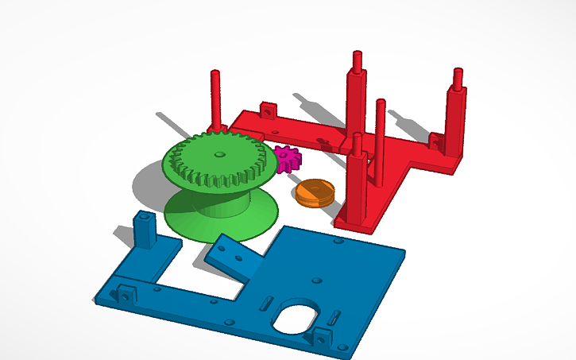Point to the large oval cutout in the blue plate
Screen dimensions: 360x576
tap(295, 317)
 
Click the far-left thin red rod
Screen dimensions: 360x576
tap(215, 99)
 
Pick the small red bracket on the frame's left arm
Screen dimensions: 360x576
tap(269, 109)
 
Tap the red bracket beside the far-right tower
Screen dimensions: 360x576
tap(435, 142)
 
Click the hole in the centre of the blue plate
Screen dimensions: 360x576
tap(317, 280)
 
